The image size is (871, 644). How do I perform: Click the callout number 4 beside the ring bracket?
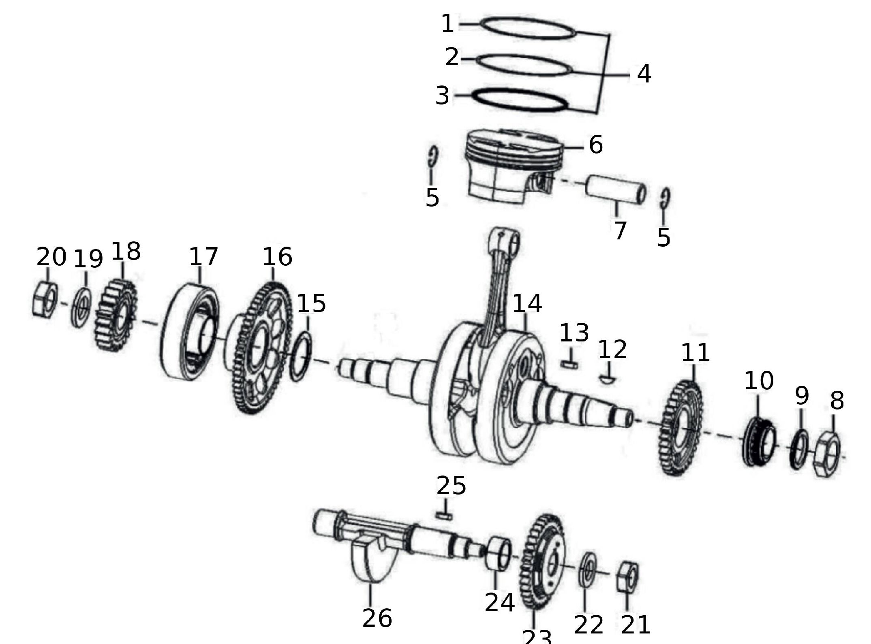(x=644, y=74)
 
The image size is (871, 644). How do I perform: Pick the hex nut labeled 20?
(x=45, y=300)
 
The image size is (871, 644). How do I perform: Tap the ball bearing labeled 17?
(x=190, y=331)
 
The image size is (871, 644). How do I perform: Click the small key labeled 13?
(x=569, y=365)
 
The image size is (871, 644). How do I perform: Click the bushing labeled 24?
(x=499, y=554)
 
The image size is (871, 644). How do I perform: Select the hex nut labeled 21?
(x=628, y=577)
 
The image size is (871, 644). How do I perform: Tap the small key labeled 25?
(x=444, y=516)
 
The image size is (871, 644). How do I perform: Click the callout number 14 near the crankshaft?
(x=527, y=304)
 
